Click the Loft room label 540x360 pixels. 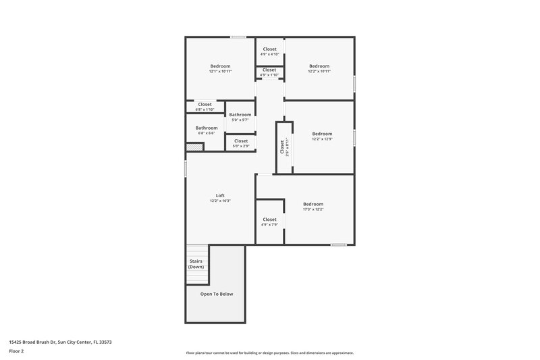click(220, 195)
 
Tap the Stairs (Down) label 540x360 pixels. click(196, 264)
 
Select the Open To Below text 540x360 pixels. click(216, 294)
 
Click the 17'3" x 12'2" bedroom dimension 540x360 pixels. click(313, 209)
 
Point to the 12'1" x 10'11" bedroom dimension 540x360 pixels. click(220, 71)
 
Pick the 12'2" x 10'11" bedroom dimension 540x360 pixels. click(319, 71)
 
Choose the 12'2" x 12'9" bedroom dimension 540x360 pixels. click(322, 138)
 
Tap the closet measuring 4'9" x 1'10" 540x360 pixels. click(269, 72)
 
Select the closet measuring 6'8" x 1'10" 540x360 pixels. click(205, 107)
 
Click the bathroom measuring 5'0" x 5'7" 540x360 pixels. click(240, 117)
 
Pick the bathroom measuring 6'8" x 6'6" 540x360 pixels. click(207, 130)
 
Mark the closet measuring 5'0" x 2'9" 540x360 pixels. click(240, 143)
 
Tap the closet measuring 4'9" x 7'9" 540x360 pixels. click(269, 222)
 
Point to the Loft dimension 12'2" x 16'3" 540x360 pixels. click(220, 201)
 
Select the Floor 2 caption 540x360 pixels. click(17, 351)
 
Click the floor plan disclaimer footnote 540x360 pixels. click(269, 353)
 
